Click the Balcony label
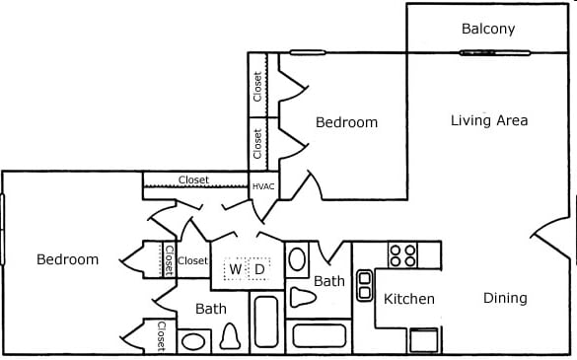[x=488, y=29]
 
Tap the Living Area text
[x=489, y=120]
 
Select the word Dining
[x=504, y=298]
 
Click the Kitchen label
[x=409, y=299]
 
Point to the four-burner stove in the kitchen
[x=402, y=255]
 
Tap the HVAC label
[x=263, y=185]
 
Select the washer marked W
[x=236, y=268]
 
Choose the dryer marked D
[x=260, y=268]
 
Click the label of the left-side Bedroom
[x=67, y=259]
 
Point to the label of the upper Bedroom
[x=346, y=122]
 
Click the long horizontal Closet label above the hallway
[x=193, y=180]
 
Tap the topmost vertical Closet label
[x=257, y=87]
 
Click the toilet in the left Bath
[x=230, y=337]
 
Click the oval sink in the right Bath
[x=297, y=260]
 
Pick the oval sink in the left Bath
[x=194, y=342]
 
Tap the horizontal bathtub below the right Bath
[x=319, y=335]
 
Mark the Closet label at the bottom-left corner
[x=160, y=336]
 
